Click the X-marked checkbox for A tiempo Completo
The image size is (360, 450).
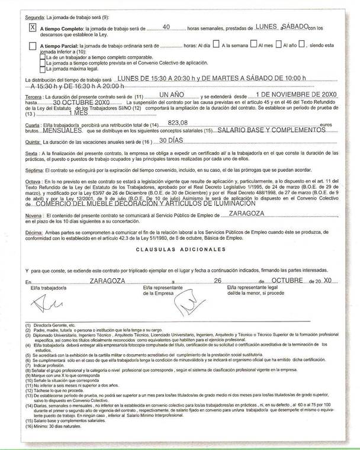click(x=33, y=27)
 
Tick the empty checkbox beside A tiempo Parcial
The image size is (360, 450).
click(x=33, y=45)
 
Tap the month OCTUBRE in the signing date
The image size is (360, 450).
click(x=282, y=282)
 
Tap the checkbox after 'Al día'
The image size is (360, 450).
click(x=216, y=43)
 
